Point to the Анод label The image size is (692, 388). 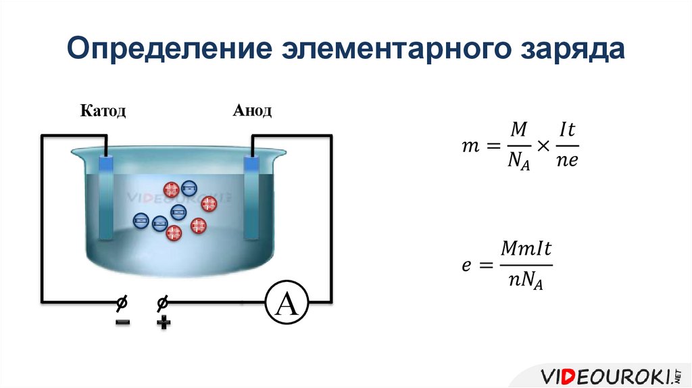click(x=253, y=111)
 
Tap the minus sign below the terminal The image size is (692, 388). click(x=122, y=322)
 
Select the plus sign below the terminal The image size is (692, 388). click(x=163, y=322)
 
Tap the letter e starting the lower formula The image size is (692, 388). click(x=466, y=266)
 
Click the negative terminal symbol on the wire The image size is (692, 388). click(x=122, y=301)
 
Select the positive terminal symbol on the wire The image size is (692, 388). click(x=162, y=301)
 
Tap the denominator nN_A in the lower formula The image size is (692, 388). click(x=526, y=281)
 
